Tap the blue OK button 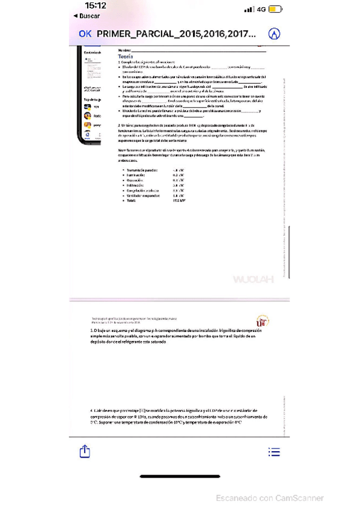tap(85, 34)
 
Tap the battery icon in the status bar tap(276, 10)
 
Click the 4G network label tap(261, 10)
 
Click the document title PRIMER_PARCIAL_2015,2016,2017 tap(176, 34)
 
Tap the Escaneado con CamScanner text tap(268, 498)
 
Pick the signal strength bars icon tap(248, 10)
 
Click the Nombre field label tap(124, 49)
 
